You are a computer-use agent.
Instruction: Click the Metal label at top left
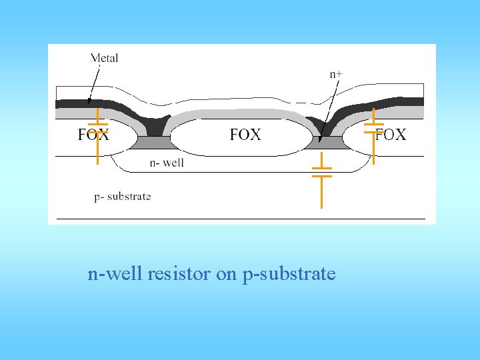click(x=104, y=58)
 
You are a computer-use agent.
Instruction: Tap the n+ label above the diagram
click(x=337, y=74)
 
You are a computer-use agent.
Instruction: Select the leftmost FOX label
click(x=93, y=135)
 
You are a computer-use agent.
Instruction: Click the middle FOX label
click(x=245, y=135)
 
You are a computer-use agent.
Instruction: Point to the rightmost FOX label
click(x=391, y=135)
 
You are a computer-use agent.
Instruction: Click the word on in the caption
click(x=227, y=273)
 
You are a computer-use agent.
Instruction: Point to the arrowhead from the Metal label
click(x=89, y=103)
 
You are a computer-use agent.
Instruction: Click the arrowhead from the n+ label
click(x=320, y=140)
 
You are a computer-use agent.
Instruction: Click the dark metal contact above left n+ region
click(x=154, y=125)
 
